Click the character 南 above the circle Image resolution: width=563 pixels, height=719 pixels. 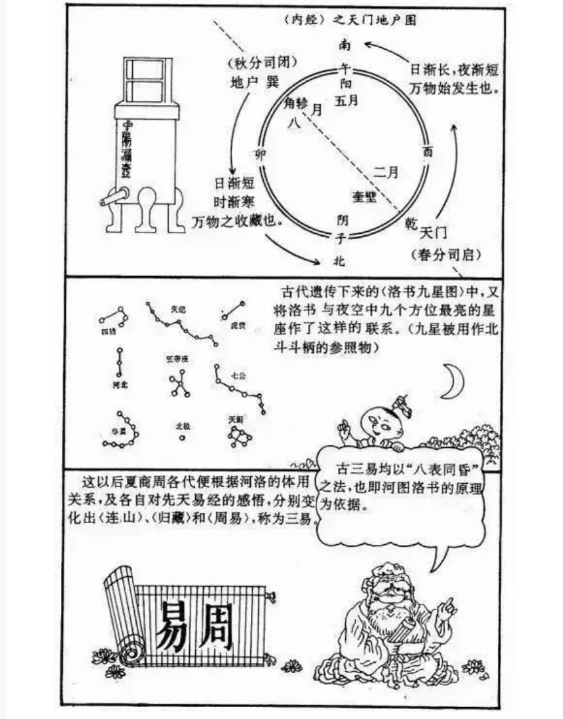[344, 45]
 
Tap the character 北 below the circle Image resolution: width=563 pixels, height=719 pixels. [339, 260]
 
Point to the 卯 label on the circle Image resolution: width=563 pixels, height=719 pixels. [260, 154]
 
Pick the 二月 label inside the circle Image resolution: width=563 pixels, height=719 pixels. [386, 171]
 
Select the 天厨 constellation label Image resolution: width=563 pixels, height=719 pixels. [235, 420]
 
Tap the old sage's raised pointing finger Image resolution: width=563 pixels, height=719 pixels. [450, 603]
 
